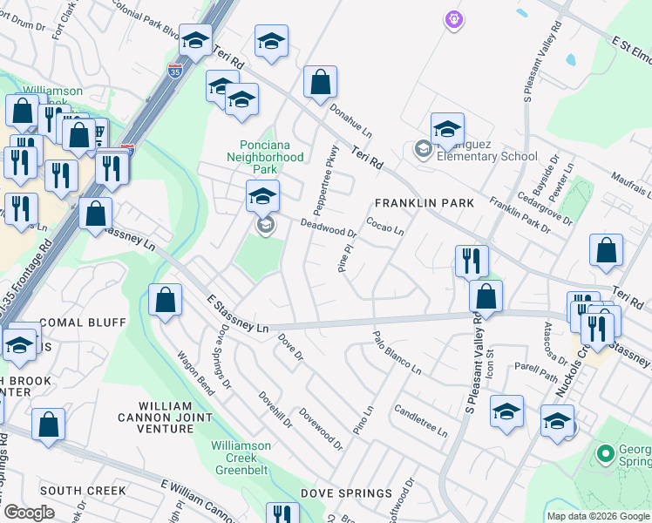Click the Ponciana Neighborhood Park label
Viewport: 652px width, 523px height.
point(271,157)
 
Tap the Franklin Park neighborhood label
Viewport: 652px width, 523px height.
point(424,203)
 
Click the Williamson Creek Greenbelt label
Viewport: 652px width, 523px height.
point(241,457)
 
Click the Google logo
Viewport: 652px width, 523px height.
point(29,513)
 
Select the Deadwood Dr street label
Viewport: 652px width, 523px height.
point(329,228)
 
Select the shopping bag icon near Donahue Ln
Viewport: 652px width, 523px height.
point(320,83)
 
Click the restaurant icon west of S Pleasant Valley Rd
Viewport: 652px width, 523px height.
point(471,261)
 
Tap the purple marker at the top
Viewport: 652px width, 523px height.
point(452,17)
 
